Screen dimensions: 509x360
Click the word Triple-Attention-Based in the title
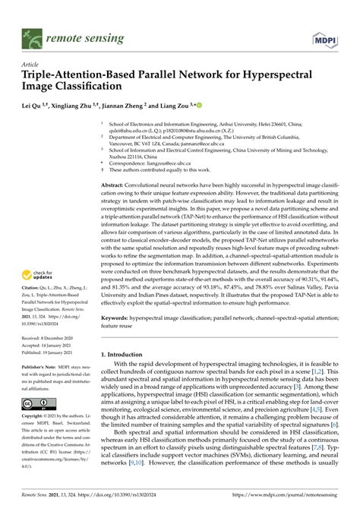coord(68,76)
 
